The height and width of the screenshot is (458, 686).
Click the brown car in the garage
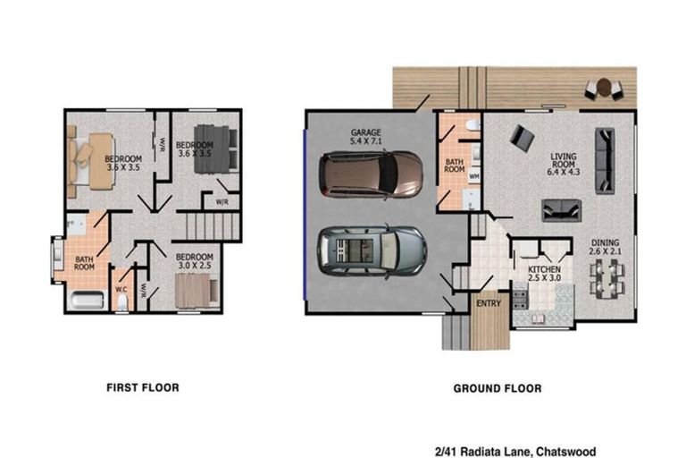click(x=372, y=174)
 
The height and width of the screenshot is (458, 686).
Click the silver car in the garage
click(x=372, y=250)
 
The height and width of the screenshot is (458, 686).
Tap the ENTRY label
click(x=489, y=303)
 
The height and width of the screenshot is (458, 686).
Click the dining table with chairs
click(x=607, y=276)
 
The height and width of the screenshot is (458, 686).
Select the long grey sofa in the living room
click(x=605, y=160)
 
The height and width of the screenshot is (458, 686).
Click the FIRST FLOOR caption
click(x=142, y=387)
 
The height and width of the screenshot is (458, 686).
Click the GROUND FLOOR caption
click(x=497, y=388)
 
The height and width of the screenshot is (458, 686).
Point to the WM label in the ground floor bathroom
click(x=474, y=176)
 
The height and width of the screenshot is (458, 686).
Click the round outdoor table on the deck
click(x=604, y=87)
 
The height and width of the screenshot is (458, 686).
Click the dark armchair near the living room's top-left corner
click(x=522, y=137)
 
